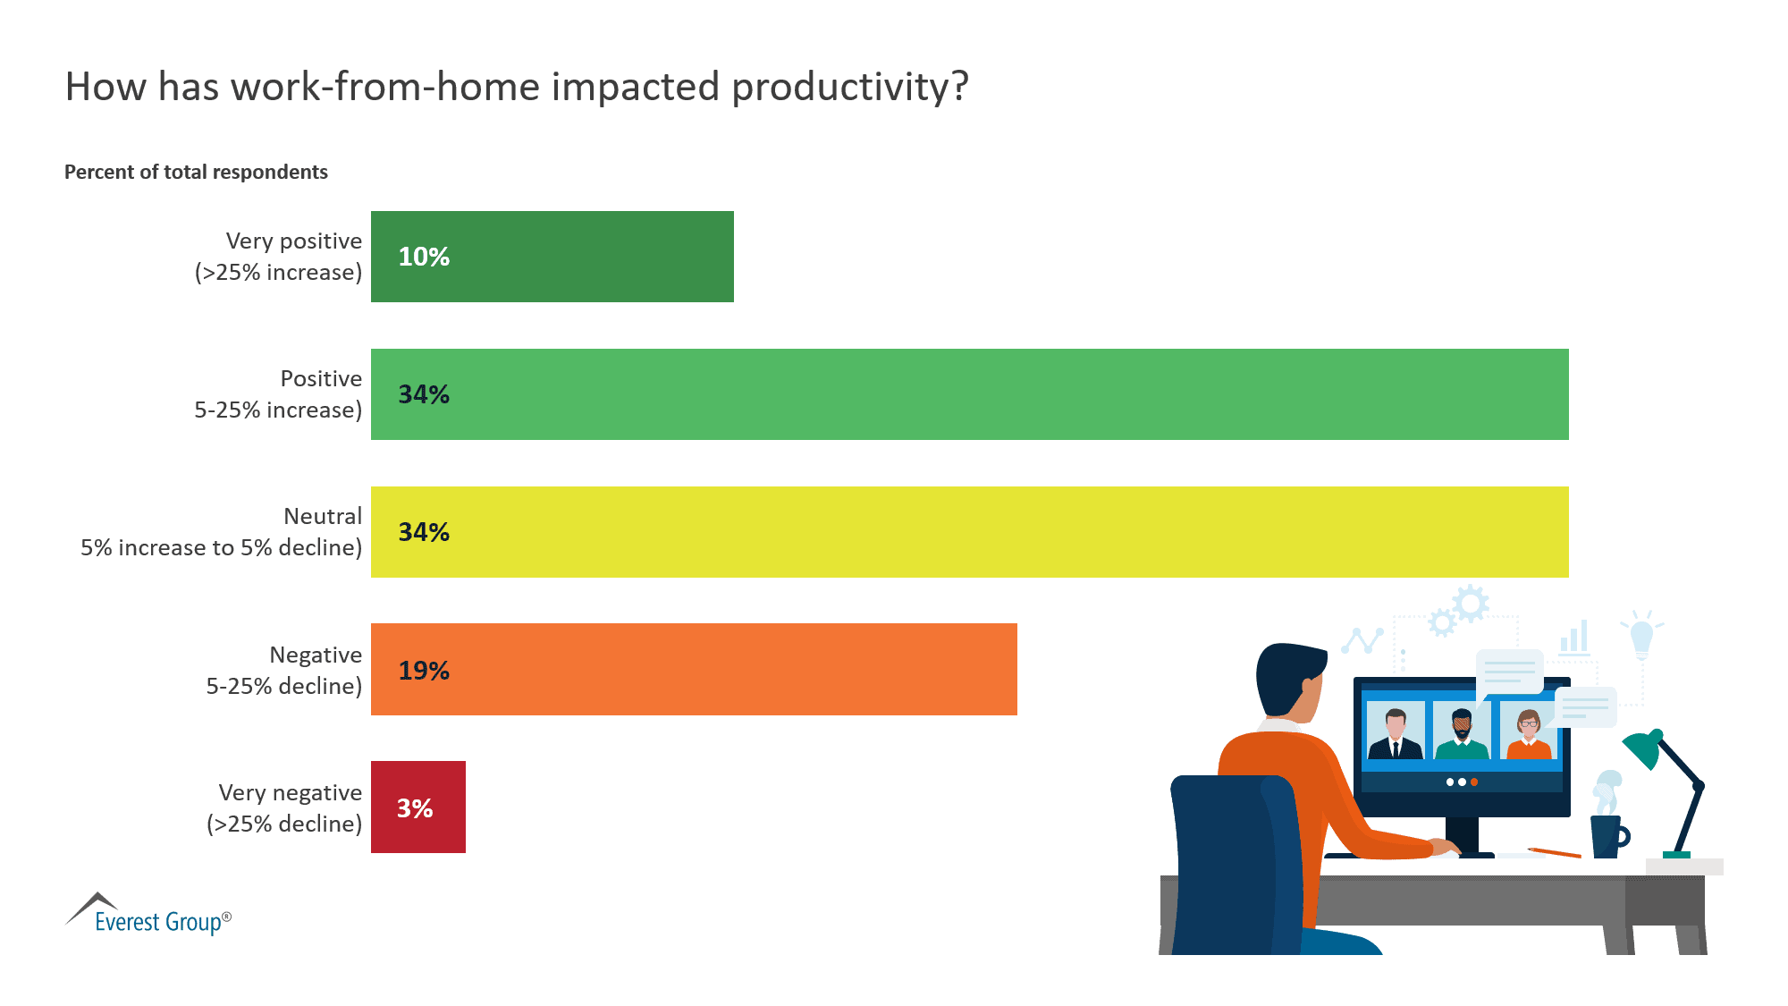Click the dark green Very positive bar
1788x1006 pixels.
pyautogui.click(x=552, y=257)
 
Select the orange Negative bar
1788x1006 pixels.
pyautogui.click(x=694, y=669)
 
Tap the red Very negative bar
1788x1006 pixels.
pyautogui.click(x=417, y=807)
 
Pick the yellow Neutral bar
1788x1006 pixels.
pyautogui.click(x=969, y=532)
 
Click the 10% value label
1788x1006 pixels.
pyautogui.click(x=424, y=257)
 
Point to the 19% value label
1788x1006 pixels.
pyautogui.click(x=424, y=671)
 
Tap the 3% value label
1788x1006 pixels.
pyautogui.click(x=415, y=808)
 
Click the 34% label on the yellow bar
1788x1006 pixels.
pyautogui.click(x=424, y=532)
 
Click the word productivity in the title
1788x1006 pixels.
pyautogui.click(x=849, y=88)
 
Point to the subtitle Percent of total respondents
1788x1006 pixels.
pyautogui.click(x=196, y=172)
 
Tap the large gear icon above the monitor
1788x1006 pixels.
pyautogui.click(x=1471, y=604)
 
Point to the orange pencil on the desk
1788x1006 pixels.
pyautogui.click(x=1555, y=852)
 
